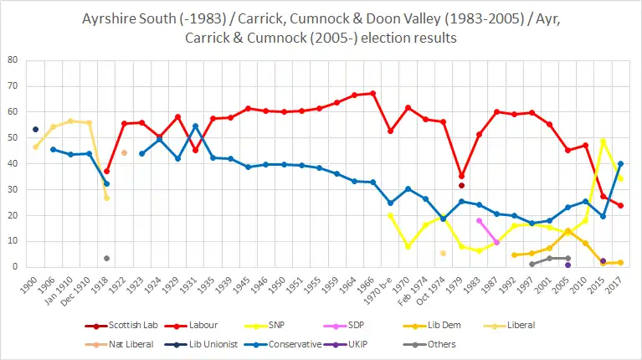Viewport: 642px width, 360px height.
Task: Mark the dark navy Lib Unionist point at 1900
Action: click(35, 129)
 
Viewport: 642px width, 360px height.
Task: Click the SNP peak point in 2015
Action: click(603, 141)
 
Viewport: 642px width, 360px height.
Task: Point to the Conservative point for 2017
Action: click(620, 164)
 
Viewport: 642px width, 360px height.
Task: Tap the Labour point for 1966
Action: click(372, 93)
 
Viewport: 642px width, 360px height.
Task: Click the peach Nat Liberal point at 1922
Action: click(124, 152)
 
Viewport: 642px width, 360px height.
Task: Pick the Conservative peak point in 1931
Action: click(195, 126)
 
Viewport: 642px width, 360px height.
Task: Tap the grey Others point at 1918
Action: click(106, 258)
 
